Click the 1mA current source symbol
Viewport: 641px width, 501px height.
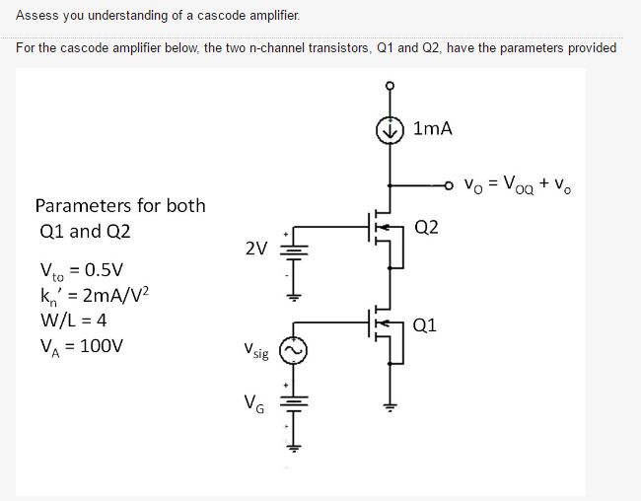click(x=392, y=129)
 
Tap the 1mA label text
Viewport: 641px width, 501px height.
click(x=434, y=128)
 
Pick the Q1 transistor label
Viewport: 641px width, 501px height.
click(x=426, y=323)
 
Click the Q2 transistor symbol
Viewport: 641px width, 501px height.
click(x=386, y=231)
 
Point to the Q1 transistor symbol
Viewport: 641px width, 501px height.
click(x=386, y=326)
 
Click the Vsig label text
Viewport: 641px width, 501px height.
click(x=253, y=350)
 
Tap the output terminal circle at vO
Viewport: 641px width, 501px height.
click(x=450, y=183)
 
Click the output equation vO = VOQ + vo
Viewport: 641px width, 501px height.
click(x=518, y=183)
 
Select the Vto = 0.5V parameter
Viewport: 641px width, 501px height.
click(x=81, y=270)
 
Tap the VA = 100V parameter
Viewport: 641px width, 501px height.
click(x=81, y=346)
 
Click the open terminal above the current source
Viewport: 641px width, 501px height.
click(x=392, y=86)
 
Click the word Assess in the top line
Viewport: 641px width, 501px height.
click(x=36, y=16)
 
